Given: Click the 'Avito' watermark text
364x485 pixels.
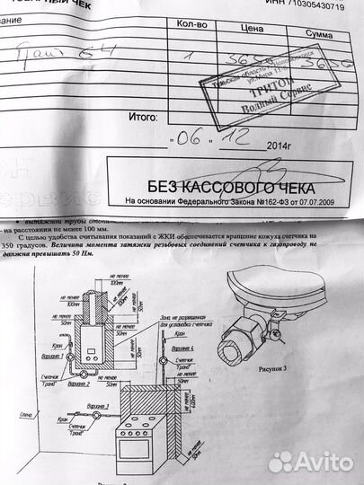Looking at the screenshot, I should pyautogui.click(x=319, y=462).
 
